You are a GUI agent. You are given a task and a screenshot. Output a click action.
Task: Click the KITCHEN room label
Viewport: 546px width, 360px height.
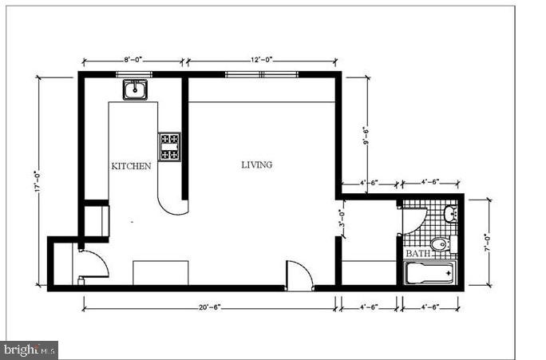tap(131, 167)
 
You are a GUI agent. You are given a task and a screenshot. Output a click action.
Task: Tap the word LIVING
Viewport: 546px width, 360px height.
tap(256, 165)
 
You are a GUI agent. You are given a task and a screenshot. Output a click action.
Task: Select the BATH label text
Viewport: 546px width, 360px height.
tap(417, 254)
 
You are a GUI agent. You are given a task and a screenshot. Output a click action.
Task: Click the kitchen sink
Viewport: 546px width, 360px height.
tap(134, 89)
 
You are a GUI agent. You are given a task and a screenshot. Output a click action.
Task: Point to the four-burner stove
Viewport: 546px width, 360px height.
tap(169, 147)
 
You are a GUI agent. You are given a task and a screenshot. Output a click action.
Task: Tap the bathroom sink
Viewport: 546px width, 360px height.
tap(449, 213)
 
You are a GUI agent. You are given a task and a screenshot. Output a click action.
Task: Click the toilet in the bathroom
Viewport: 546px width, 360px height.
tap(440, 243)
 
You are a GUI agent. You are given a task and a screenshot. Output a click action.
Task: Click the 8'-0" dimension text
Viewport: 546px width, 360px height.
tap(134, 60)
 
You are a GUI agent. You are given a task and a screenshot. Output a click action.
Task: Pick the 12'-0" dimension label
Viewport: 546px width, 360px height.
tap(262, 60)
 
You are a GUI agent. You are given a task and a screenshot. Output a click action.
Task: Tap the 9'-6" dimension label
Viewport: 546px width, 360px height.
tap(366, 137)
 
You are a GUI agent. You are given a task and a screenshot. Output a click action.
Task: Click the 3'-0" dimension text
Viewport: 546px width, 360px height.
tap(342, 219)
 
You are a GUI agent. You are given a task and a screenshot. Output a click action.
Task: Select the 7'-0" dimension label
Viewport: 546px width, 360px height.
tap(486, 242)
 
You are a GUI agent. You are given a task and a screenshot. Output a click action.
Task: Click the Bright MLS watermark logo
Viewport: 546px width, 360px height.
tap(30, 350)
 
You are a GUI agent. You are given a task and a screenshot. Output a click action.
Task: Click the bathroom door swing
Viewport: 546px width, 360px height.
tap(413, 220)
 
